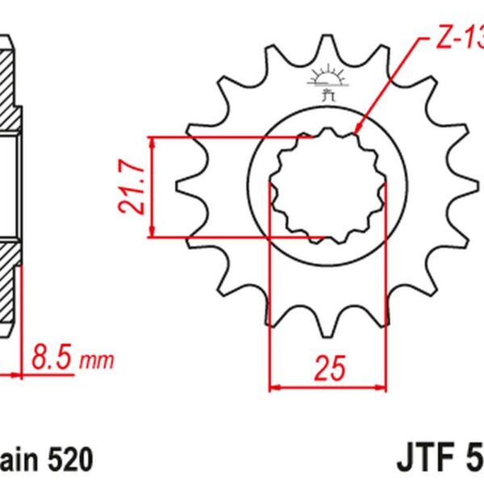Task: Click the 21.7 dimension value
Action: click(x=131, y=187)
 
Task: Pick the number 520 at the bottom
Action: click(x=71, y=459)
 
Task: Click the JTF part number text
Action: click(x=439, y=458)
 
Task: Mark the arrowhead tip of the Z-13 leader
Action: click(x=356, y=132)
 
